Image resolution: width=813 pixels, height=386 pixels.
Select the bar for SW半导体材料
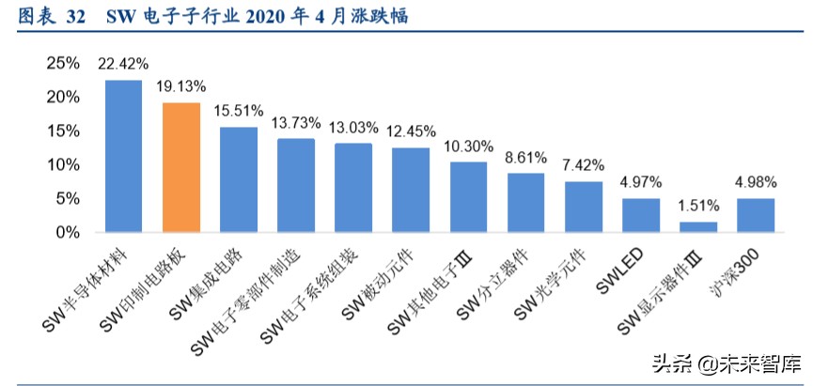click(123, 156)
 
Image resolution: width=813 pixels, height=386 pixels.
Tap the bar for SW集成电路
click(239, 179)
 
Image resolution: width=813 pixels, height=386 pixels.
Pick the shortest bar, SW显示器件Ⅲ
click(698, 226)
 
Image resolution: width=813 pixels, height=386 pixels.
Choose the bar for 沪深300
click(756, 215)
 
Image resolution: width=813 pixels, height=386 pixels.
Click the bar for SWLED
click(641, 215)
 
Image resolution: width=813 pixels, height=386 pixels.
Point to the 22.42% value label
click(123, 65)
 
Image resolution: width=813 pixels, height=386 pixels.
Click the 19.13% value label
click(181, 85)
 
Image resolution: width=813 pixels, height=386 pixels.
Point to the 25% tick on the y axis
click(63, 63)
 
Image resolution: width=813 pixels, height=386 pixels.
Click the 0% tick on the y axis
click(68, 232)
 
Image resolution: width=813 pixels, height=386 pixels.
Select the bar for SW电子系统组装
click(353, 187)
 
